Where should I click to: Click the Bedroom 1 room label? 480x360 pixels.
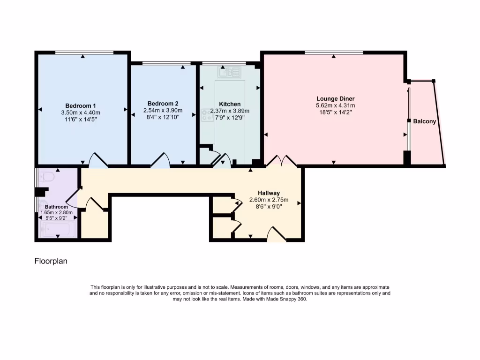[81, 105]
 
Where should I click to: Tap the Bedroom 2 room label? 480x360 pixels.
[163, 104]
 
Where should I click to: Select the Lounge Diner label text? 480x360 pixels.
[335, 99]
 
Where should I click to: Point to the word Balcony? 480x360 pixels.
[424, 121]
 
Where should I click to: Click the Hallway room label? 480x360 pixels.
[269, 193]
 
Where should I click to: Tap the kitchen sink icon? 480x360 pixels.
[229, 72]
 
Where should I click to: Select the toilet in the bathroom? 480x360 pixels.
[47, 177]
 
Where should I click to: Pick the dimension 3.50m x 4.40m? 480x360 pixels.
[81, 112]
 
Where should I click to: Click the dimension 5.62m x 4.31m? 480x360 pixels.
[335, 106]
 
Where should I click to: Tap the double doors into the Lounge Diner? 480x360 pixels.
[281, 161]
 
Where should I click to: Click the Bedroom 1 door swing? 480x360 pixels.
[98, 160]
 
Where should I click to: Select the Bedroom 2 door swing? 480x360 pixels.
[160, 160]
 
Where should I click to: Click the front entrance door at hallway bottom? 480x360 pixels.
[276, 234]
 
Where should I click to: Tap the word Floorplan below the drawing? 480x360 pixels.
[51, 261]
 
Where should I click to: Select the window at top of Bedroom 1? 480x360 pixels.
[84, 52]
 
